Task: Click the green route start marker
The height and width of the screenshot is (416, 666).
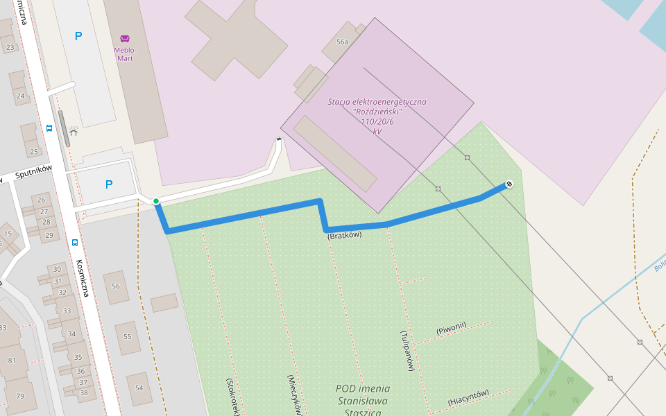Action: (x=156, y=202)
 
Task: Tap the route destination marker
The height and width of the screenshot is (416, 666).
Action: (x=509, y=184)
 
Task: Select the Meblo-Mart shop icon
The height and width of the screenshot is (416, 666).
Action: (x=125, y=38)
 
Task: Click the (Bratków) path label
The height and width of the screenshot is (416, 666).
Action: (x=345, y=236)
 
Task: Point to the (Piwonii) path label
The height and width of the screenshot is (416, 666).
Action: (x=451, y=328)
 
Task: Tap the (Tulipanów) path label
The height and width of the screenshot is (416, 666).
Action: (x=407, y=350)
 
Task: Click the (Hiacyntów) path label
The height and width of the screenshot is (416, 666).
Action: (x=468, y=397)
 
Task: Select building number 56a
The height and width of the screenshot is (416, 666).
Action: (x=342, y=42)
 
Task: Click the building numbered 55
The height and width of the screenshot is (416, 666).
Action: (x=128, y=336)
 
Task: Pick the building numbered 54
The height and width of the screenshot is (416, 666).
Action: (x=139, y=387)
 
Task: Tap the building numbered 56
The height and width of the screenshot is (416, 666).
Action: (x=116, y=286)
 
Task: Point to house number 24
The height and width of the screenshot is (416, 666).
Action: (x=20, y=96)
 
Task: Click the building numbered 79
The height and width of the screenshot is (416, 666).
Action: (x=20, y=396)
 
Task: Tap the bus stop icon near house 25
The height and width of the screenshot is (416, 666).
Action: (x=49, y=128)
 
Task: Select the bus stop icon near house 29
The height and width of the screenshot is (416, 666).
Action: (x=75, y=242)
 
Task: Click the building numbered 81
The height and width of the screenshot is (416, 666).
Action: (x=12, y=361)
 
